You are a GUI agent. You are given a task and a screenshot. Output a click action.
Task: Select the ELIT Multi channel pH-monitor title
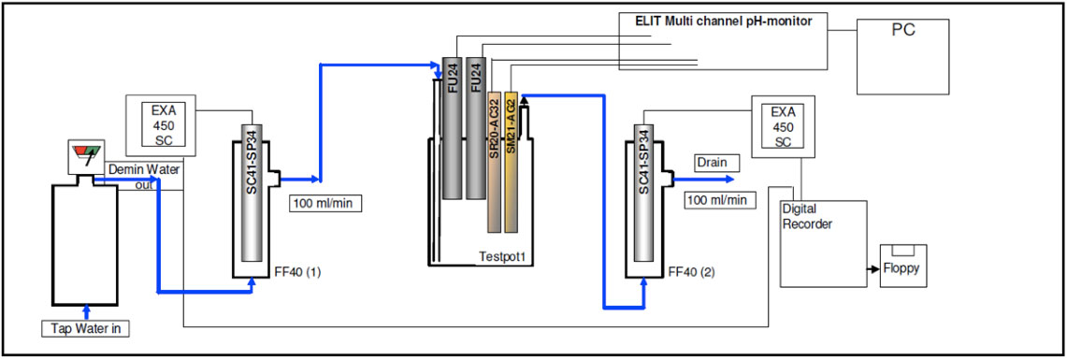[x=723, y=20]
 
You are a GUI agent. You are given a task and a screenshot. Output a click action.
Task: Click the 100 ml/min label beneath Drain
[x=717, y=200]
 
